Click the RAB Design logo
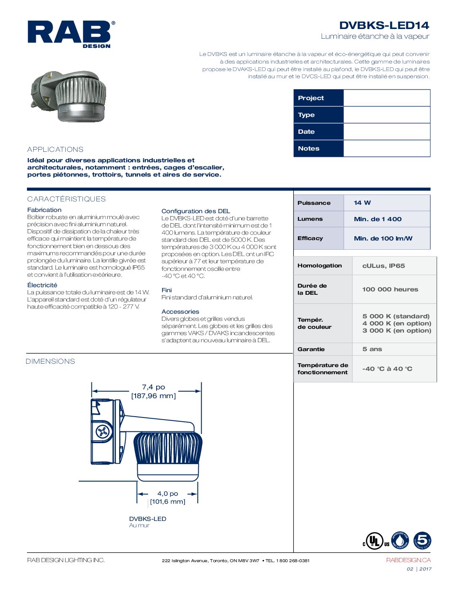pyautogui.click(x=71, y=34)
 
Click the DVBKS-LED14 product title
pyautogui.click(x=384, y=26)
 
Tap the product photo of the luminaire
pyautogui.click(x=69, y=96)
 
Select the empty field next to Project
pyautogui.click(x=386, y=98)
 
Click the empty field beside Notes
pyautogui.click(x=386, y=148)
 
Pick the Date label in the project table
pyautogui.click(x=306, y=132)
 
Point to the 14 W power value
pyautogui.click(x=362, y=203)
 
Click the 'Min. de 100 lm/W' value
pyautogui.click(x=383, y=238)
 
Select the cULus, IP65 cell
pyautogui.click(x=383, y=266)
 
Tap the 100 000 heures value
pyautogui.click(x=390, y=289)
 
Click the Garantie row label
pyautogui.click(x=311, y=349)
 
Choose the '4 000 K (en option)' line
pyautogui.click(x=397, y=323)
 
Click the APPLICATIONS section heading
pyautogui.click(x=55, y=149)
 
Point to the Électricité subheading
pyautogui.click(x=42, y=285)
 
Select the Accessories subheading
pyautogui.click(x=180, y=312)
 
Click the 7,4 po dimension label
pyautogui.click(x=154, y=387)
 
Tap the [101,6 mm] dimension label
pyautogui.click(x=168, y=502)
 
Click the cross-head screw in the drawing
pyautogui.click(x=103, y=431)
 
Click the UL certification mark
pyautogui.click(x=374, y=541)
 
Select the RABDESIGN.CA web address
pyautogui.click(x=408, y=560)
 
